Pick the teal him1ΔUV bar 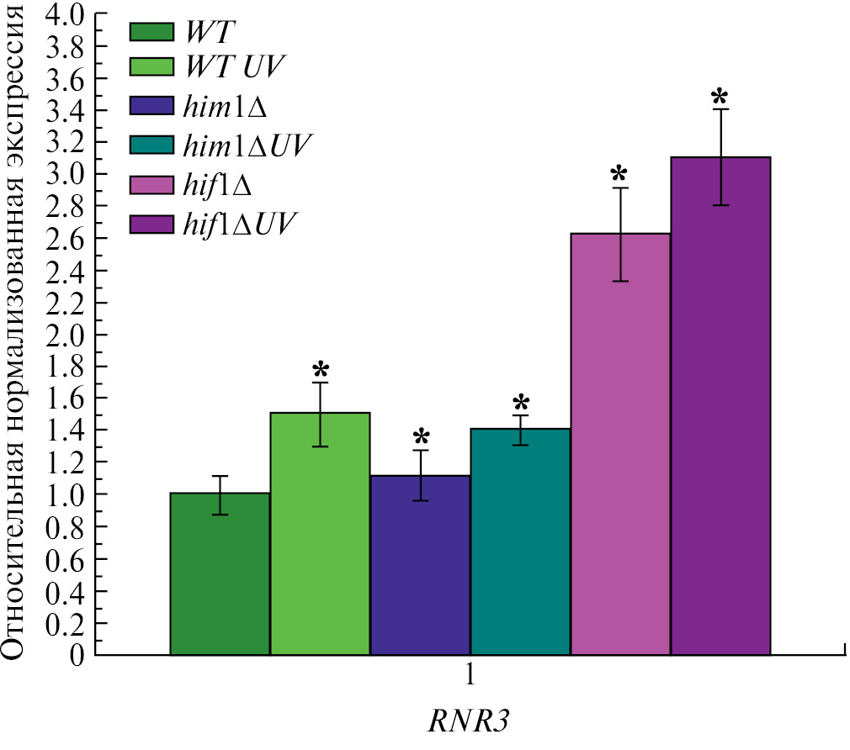tap(520, 541)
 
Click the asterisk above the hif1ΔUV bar tap(720, 94)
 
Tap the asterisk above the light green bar tap(321, 370)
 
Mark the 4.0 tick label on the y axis tap(67, 15)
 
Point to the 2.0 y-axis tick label tap(67, 335)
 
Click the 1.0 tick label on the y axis tap(67, 494)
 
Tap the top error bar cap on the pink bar tap(620, 187)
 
